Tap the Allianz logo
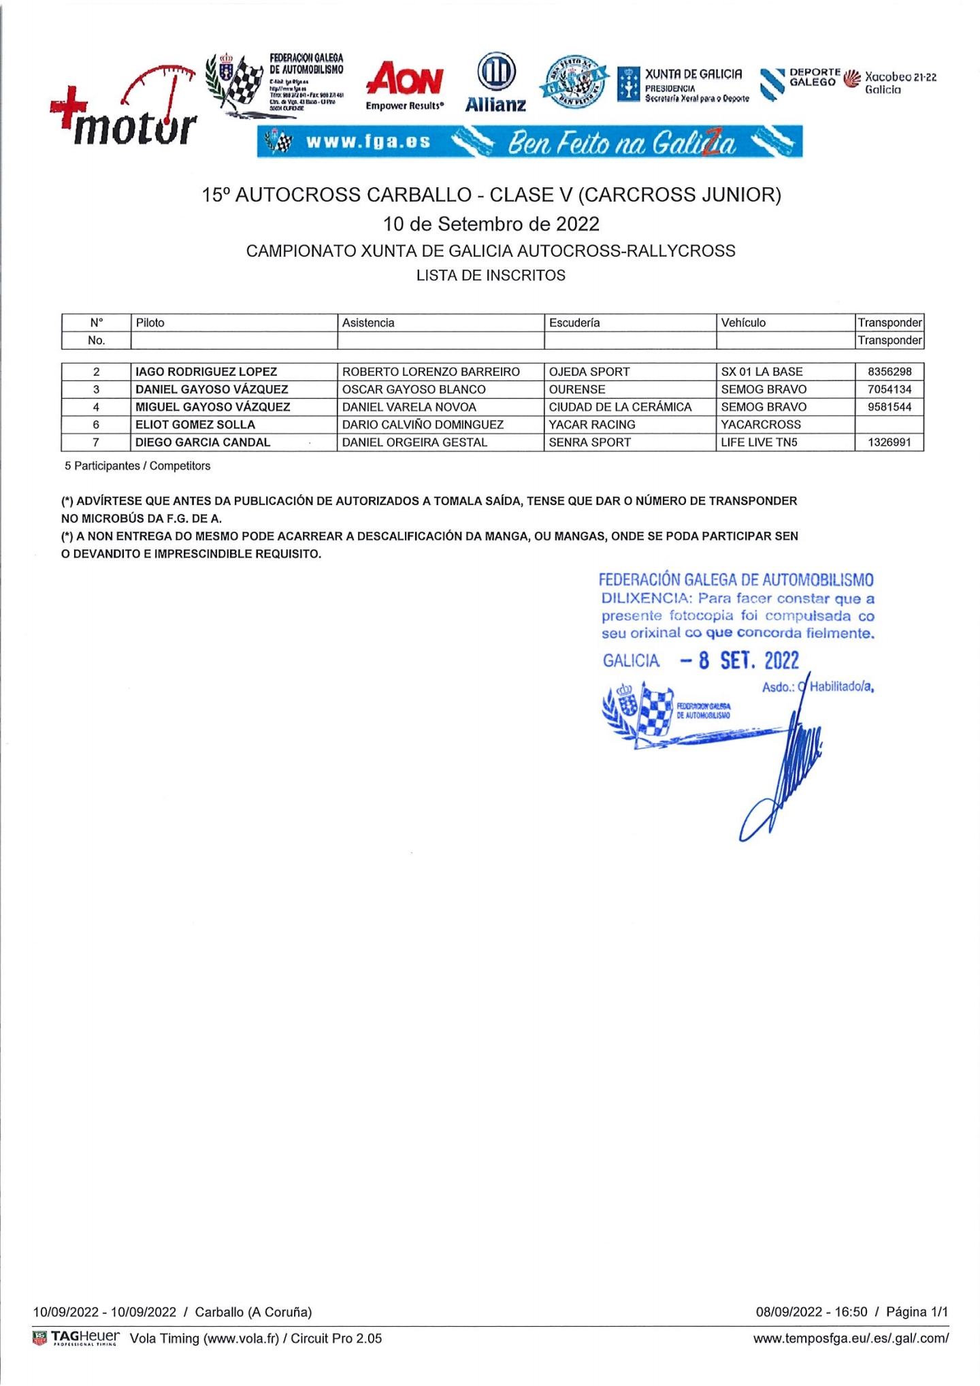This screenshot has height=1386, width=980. tap(495, 83)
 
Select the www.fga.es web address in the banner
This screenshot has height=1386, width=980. tap(368, 142)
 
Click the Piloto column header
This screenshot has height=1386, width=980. tap(150, 323)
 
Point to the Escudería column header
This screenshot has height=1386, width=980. tap(574, 323)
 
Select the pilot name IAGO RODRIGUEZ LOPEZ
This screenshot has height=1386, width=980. tap(206, 372)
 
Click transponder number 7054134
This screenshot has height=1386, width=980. tap(889, 389)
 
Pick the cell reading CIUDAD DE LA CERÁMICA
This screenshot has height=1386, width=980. tap(620, 407)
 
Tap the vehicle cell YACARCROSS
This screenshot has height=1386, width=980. tap(761, 425)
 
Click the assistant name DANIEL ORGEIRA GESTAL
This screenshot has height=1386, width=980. tap(414, 442)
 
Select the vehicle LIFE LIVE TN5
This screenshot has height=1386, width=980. tap(759, 442)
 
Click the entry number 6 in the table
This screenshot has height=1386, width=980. tap(96, 425)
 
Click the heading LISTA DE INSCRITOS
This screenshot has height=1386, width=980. tap(491, 276)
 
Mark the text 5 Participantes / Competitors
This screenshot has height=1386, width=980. tap(137, 466)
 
